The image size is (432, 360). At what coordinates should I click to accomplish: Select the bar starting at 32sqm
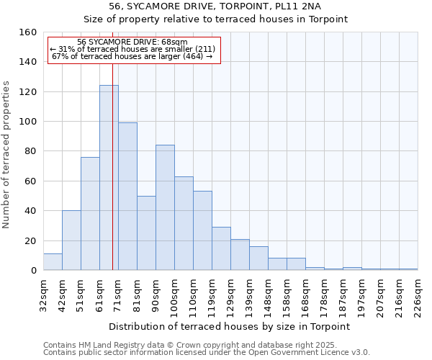53,262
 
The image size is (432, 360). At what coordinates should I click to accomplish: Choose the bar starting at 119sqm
221,248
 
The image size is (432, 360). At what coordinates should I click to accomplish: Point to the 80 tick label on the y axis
30,151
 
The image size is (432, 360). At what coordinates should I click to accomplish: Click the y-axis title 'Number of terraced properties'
7,154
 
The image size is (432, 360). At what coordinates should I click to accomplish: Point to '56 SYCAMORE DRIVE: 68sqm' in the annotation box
132,42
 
